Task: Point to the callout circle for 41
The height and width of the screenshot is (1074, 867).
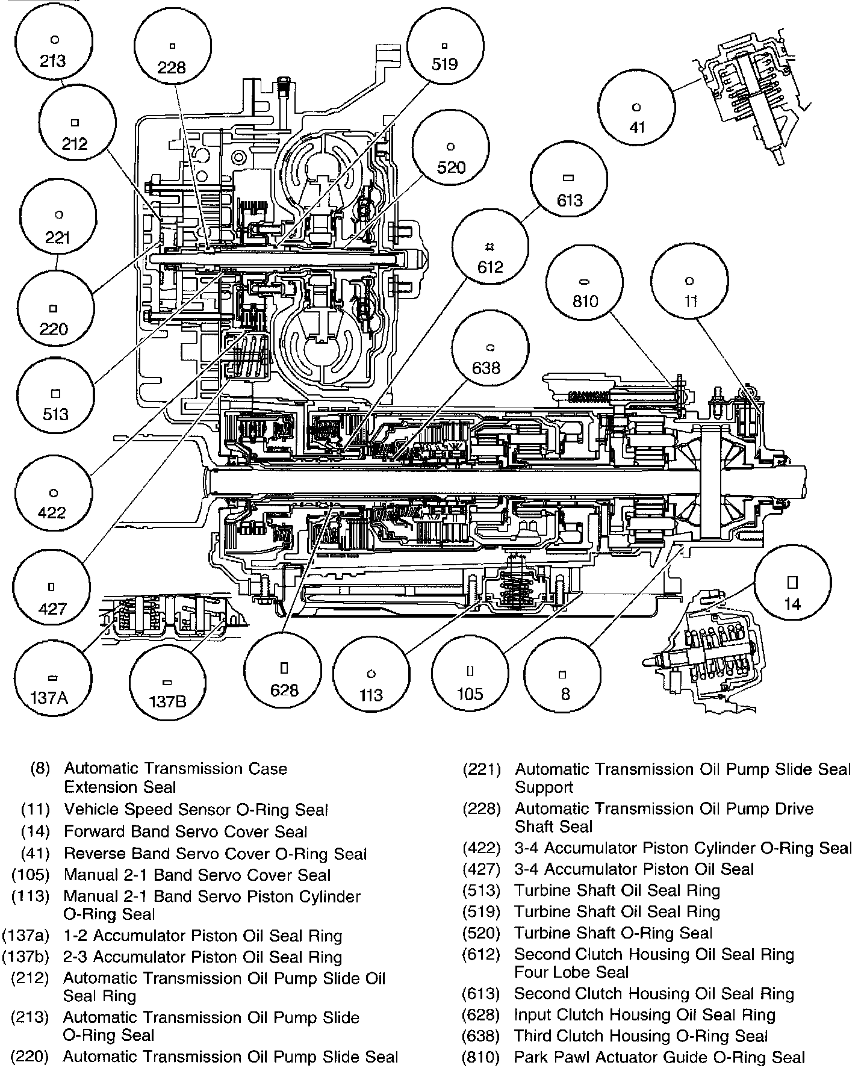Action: tap(636, 117)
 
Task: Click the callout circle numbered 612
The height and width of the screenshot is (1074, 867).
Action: tap(490, 256)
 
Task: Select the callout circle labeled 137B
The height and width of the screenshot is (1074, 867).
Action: tap(168, 690)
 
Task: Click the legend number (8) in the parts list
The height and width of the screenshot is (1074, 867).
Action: tap(40, 769)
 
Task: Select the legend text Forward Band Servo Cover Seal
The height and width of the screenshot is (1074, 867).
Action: tap(185, 832)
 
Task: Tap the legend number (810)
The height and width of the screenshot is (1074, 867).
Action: tap(481, 1057)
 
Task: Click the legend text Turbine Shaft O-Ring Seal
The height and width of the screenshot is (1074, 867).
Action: tap(613, 933)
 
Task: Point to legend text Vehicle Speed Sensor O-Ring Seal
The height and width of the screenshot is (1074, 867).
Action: tap(196, 810)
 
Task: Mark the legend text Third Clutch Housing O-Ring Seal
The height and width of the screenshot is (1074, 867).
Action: tap(641, 1036)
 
